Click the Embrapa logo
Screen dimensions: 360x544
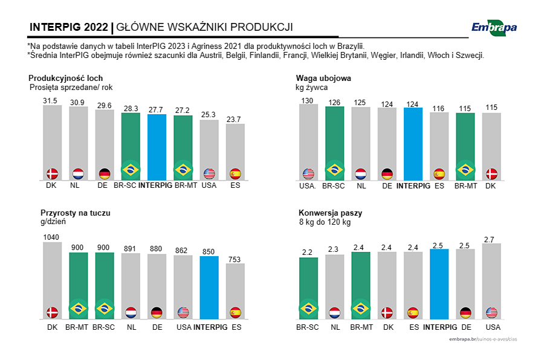click(x=494, y=27)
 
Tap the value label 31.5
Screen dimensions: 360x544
click(x=50, y=101)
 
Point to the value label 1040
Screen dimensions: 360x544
click(x=52, y=237)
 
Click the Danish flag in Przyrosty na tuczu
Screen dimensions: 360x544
click(x=53, y=312)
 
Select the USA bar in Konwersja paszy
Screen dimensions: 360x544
click(x=491, y=281)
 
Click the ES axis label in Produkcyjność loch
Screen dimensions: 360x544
click(x=235, y=185)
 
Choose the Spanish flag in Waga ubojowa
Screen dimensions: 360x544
click(x=439, y=174)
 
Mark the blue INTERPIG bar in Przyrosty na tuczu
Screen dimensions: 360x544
click(x=209, y=287)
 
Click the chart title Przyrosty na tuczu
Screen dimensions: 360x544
click(x=76, y=213)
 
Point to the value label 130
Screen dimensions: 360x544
click(x=308, y=100)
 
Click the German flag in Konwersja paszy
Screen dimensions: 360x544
click(x=465, y=312)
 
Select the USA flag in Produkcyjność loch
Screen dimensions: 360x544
click(x=209, y=174)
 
